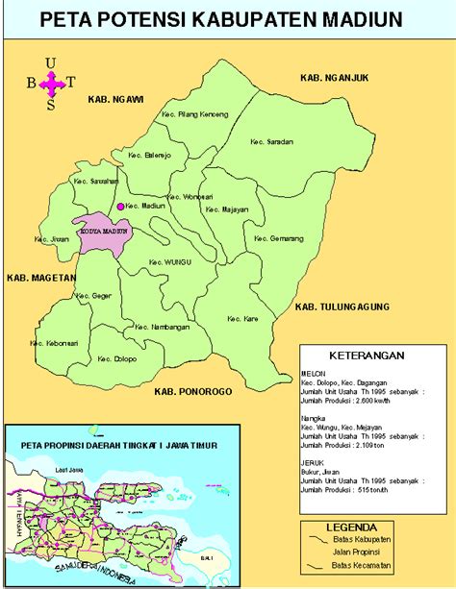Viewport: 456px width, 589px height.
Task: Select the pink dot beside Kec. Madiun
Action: tap(121, 207)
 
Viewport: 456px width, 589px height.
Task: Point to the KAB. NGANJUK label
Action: tap(334, 77)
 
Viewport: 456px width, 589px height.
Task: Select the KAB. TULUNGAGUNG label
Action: tap(342, 307)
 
